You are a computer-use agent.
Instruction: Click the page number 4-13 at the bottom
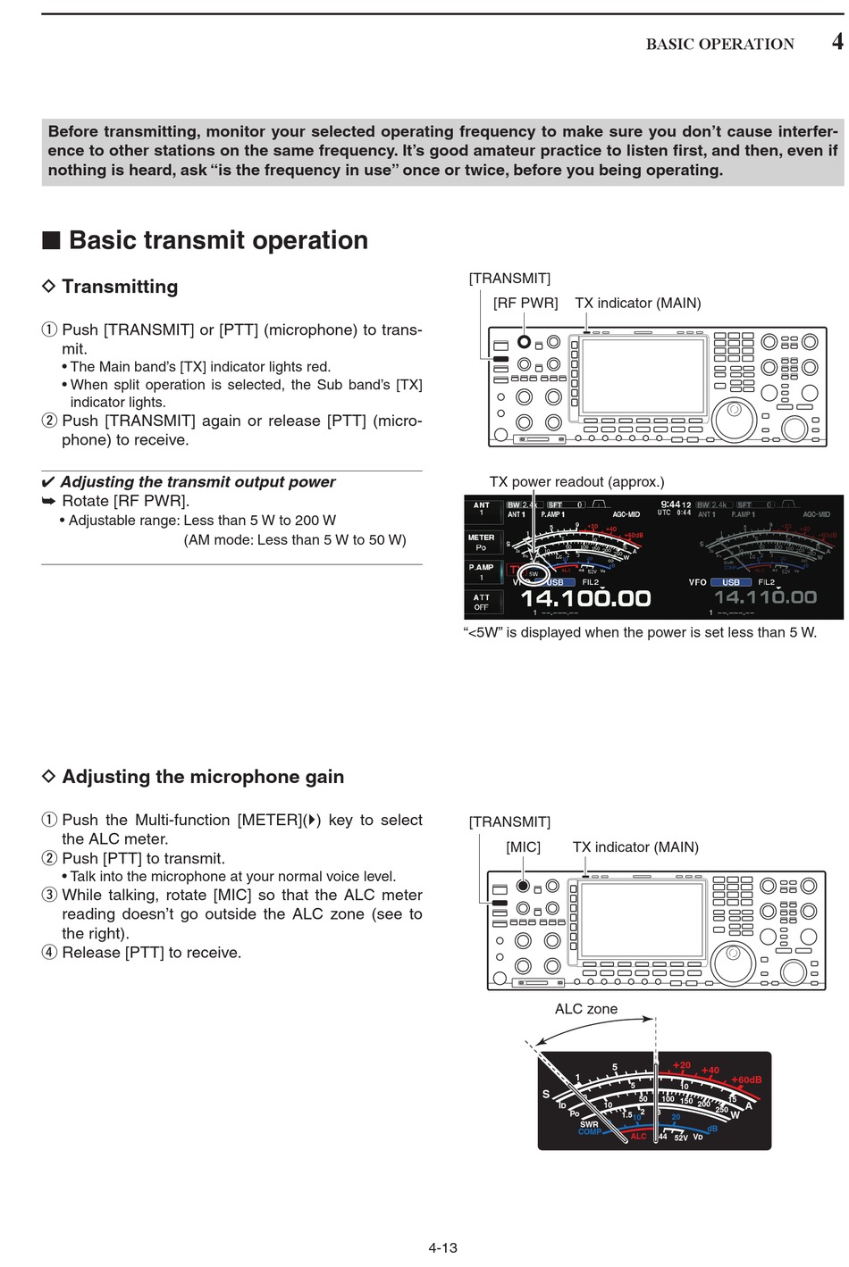pos(442,1247)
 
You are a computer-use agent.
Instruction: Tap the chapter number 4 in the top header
pos(836,42)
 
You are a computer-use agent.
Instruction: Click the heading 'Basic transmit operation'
pos(218,240)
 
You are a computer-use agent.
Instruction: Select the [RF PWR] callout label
pos(525,303)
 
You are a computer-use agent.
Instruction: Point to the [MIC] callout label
pos(523,846)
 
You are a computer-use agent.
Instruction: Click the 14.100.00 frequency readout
pos(585,597)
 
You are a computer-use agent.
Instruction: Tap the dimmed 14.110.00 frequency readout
pos(765,596)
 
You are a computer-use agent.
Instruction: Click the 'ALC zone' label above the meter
pos(585,1009)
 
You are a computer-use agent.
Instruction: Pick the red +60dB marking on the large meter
pos(746,1079)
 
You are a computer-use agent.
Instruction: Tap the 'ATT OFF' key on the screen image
pos(482,602)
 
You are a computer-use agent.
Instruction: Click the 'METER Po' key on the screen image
pos(482,542)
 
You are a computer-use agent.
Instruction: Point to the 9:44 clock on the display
pos(670,504)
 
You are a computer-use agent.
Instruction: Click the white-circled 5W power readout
pos(534,573)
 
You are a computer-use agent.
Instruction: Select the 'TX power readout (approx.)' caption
pos(576,482)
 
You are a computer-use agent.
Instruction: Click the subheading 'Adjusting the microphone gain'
pos(203,777)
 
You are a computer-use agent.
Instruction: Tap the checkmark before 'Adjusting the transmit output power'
pos(48,482)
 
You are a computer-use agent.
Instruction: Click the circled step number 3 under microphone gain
pos(49,895)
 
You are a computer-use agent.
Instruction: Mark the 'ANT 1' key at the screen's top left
pos(482,509)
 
